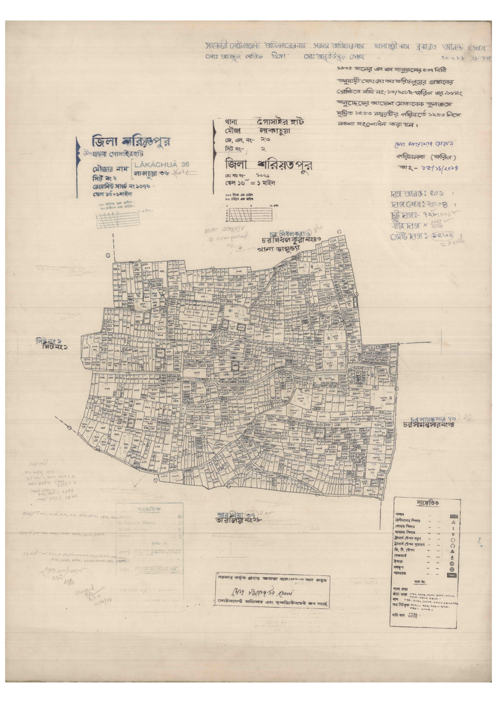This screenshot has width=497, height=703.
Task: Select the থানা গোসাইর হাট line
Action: (265, 122)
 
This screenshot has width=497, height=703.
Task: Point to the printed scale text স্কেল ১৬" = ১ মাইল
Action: (250, 183)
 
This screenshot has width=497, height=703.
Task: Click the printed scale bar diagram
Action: (249, 214)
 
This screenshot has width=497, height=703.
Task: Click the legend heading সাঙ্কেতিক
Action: (427, 503)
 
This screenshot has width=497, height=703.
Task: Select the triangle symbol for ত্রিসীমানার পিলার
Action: (453, 523)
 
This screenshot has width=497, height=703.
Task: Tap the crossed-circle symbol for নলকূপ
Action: (452, 569)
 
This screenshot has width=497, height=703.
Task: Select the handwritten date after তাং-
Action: (434, 168)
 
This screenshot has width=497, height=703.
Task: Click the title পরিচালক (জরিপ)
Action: (426, 157)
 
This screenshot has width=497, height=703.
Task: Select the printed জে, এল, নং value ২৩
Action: (265, 140)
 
